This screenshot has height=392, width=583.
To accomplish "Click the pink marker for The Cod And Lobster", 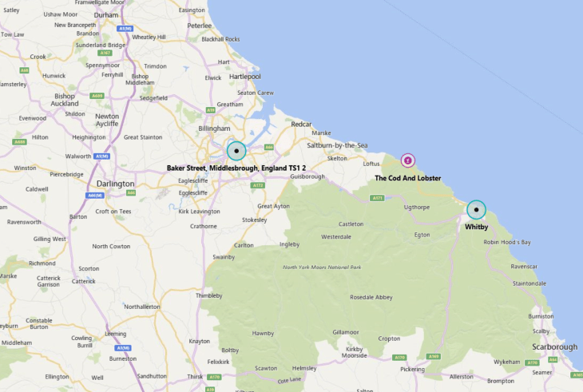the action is pos(408,160).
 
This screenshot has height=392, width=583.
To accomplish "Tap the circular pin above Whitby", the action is pos(476,210).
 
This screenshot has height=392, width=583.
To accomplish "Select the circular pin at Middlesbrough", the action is pos(236,150).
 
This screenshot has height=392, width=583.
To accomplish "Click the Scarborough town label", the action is pos(554,346).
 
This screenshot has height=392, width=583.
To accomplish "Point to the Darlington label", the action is pos(116,184).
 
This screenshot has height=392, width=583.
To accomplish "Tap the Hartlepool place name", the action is pos(244,77).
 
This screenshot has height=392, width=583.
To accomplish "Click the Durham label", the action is pos(105,14).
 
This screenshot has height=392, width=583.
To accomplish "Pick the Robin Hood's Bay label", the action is pos(506,242).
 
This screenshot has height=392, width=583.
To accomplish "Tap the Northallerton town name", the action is pos(142,307).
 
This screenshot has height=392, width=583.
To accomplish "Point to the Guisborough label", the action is pos(307,176).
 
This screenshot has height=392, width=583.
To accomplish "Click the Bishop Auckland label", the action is pos(65,100).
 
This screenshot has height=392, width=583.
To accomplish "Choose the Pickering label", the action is pos(412,370).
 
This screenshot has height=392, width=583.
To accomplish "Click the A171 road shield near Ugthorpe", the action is pos(377,197).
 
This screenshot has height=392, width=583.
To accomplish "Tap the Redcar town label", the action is pos(301,125).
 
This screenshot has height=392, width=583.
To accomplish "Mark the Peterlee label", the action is pos(199,26).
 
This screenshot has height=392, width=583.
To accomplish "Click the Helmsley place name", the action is pos(304,368).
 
